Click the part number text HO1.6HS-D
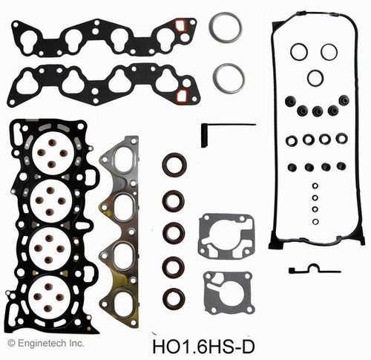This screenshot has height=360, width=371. pos(203,347)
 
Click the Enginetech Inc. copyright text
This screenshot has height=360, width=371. pos(46,343)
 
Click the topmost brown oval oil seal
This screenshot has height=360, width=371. pos(174,165)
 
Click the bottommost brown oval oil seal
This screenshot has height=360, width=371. pos(174,299)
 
